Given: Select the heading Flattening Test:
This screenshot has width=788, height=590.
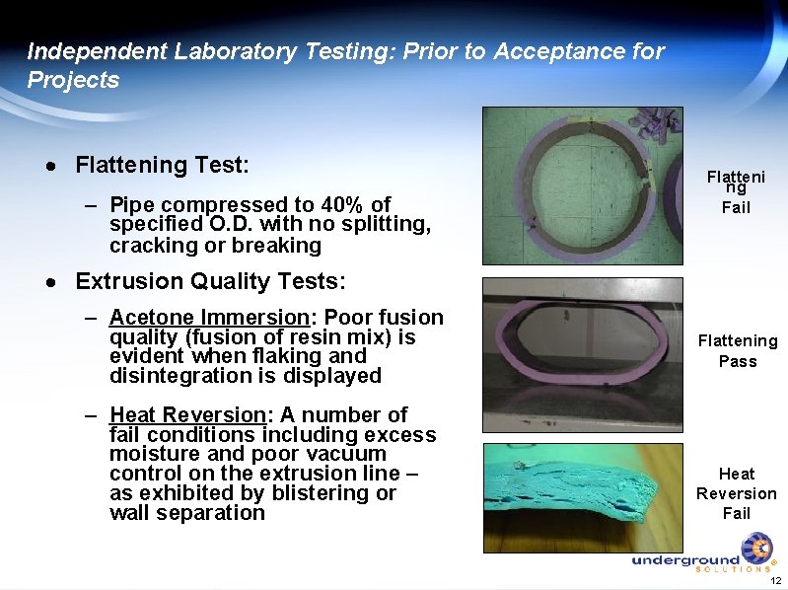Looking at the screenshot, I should point(163,164).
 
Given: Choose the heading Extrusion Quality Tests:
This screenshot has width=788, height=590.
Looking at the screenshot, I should point(210,282).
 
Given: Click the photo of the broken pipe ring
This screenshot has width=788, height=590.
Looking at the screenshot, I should point(582,185).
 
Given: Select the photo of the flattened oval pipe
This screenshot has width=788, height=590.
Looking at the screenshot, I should point(582,353).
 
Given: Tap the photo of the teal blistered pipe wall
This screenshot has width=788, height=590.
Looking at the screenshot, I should point(582,497).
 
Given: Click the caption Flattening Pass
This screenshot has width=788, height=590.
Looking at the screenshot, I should point(738,351).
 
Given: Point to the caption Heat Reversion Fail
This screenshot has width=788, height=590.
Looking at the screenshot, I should point(737,493).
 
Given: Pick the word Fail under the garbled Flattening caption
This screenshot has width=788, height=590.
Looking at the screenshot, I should point(736,208).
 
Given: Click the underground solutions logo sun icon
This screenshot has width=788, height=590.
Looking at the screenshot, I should point(756,549).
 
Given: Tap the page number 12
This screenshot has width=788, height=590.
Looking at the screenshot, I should point(775,579).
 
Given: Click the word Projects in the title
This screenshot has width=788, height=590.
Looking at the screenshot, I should point(73,80).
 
